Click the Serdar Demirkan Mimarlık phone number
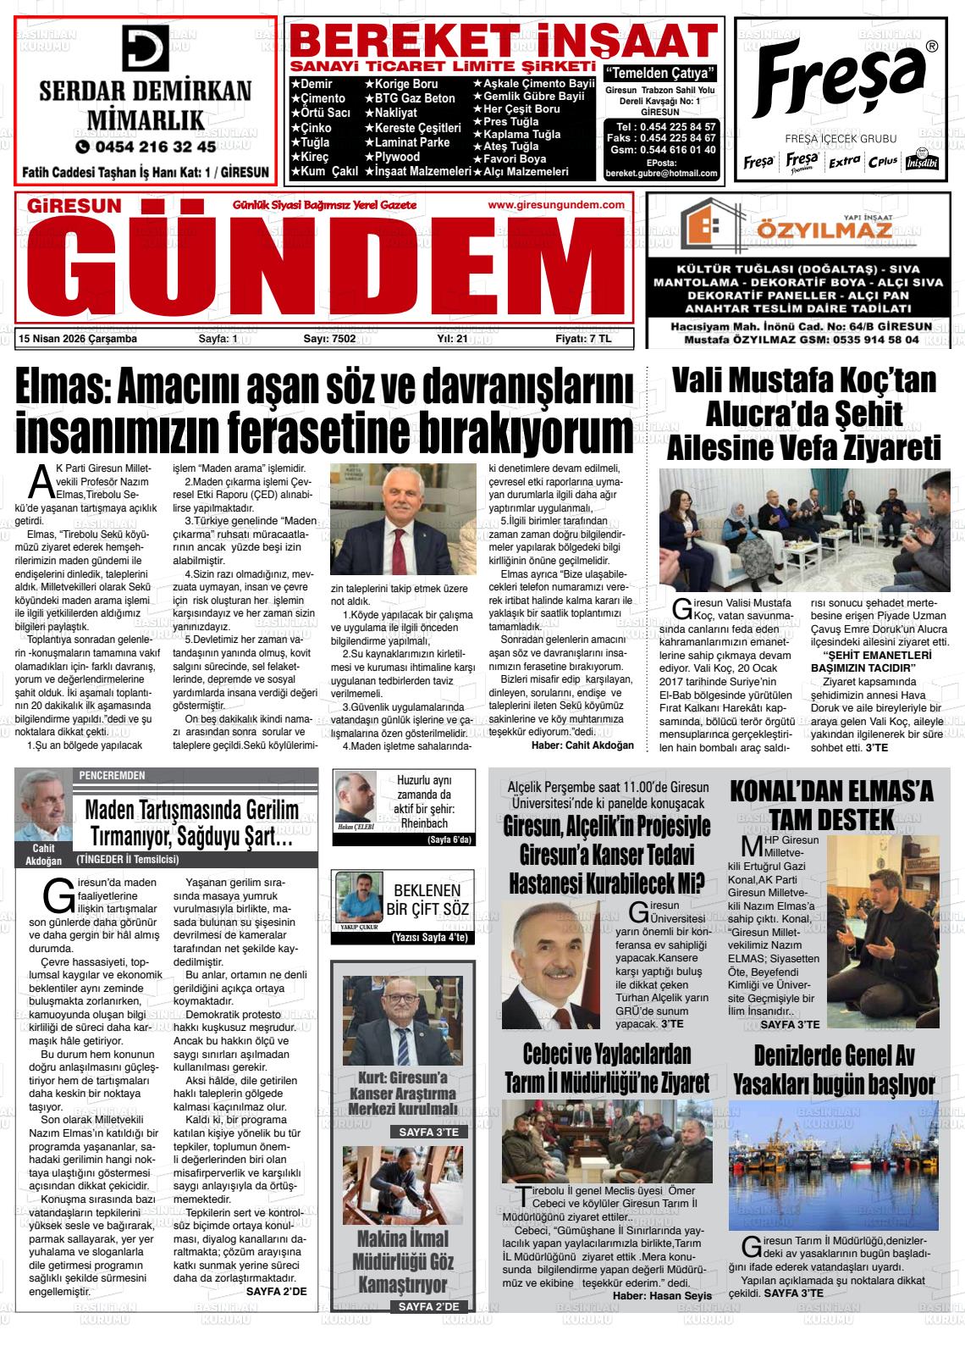click(146, 146)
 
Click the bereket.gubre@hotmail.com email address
click(661, 174)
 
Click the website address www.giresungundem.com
click(556, 205)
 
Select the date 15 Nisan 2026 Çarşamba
click(77, 339)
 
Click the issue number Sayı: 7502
click(329, 339)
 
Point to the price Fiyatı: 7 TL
click(582, 339)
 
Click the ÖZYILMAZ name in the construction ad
click(791, 230)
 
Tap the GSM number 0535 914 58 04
click(877, 339)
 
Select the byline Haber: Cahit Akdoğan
click(582, 745)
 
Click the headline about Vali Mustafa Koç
click(803, 413)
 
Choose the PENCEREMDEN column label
click(112, 775)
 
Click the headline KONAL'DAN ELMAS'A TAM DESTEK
click(831, 805)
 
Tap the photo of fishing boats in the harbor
click(833, 1165)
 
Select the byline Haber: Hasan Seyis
click(662, 1296)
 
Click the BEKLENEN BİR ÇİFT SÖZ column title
click(427, 900)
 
